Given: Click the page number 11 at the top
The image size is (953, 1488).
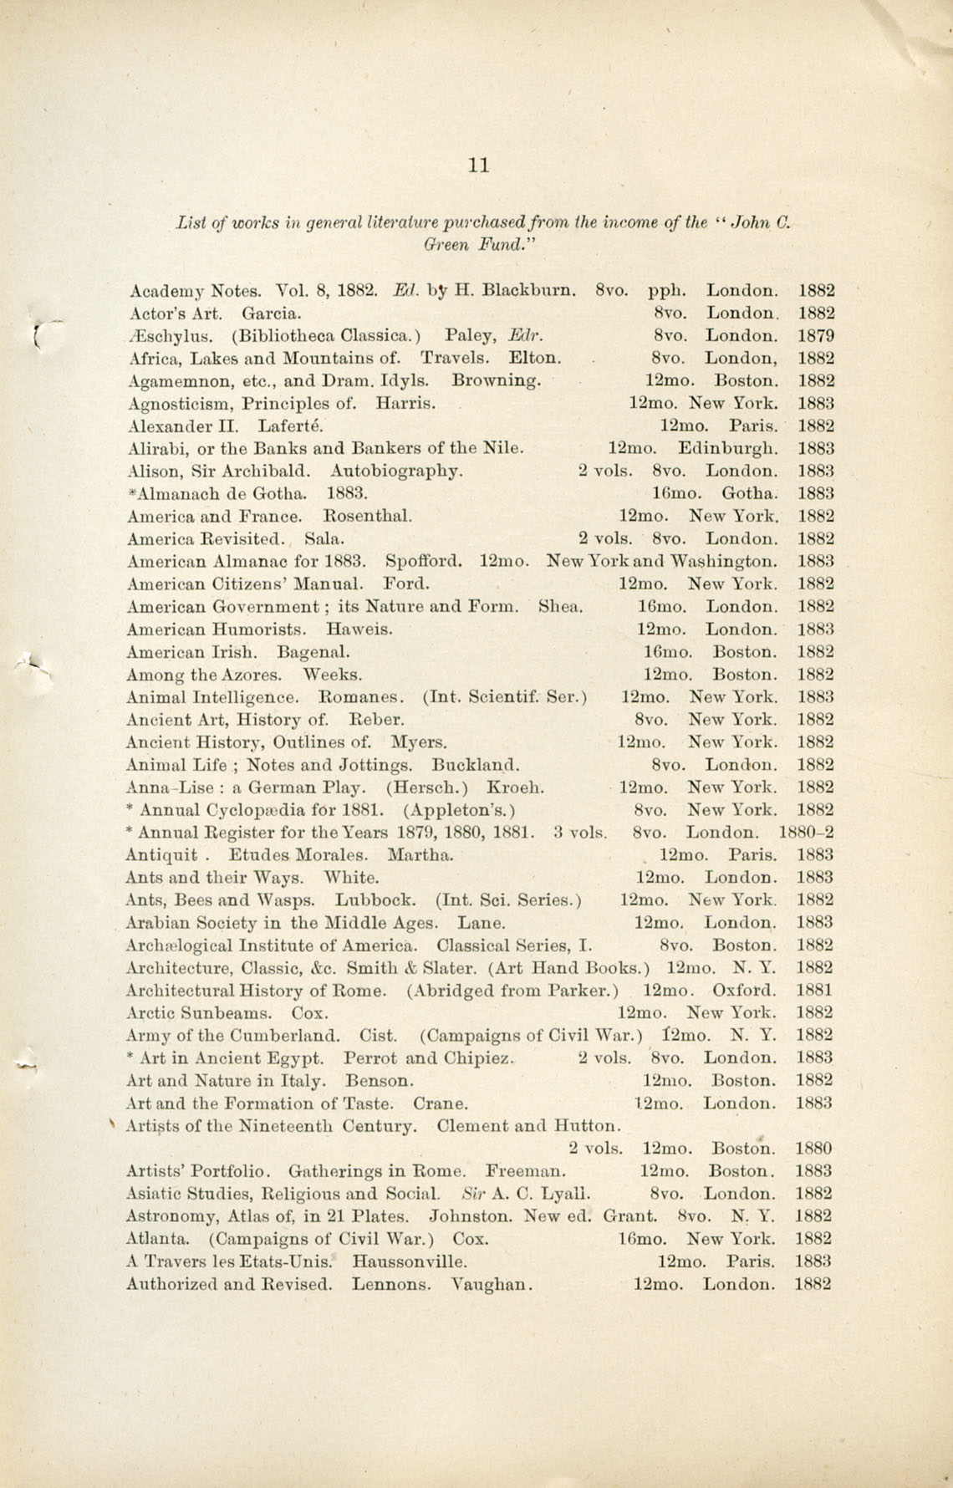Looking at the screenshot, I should pos(479,165).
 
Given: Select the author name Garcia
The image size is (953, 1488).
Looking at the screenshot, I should pos(272,313).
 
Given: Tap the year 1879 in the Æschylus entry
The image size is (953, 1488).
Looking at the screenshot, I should pos(816,336).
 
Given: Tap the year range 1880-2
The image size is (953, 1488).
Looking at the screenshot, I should pos(806,833).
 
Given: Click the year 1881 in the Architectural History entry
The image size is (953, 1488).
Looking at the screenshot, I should pos(815,991).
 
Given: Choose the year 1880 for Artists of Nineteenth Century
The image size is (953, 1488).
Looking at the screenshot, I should pos(814,1149).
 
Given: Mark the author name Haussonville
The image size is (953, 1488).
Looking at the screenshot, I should pos(410,1261).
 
